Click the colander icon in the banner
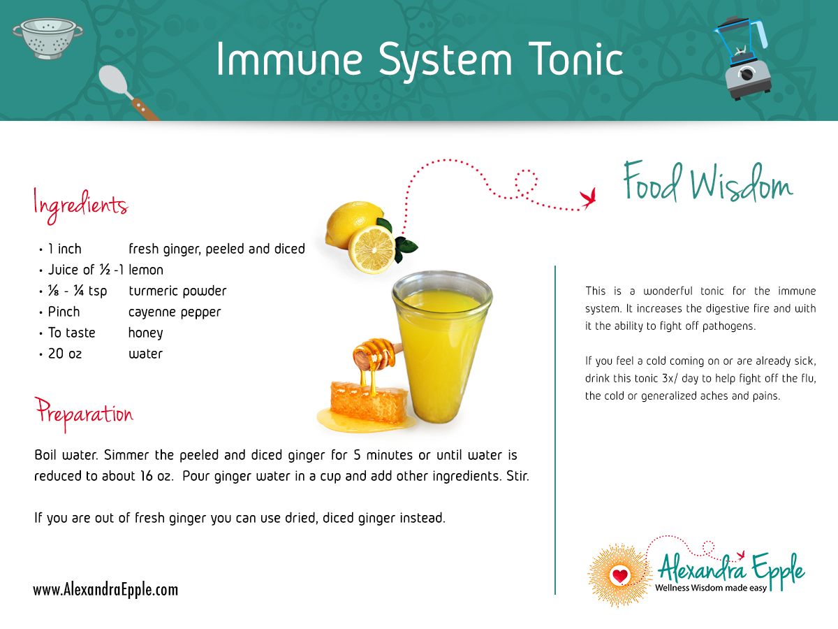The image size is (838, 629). click(47, 38)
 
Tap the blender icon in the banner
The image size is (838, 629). click(742, 58)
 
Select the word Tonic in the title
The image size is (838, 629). click(576, 59)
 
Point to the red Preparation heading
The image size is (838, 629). click(84, 414)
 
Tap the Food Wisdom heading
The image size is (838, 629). click(708, 182)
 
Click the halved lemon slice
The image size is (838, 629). click(372, 249)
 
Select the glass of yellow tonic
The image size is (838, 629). click(442, 347)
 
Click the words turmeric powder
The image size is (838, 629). click(177, 291)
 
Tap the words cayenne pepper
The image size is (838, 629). click(175, 312)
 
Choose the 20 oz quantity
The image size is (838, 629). click(65, 354)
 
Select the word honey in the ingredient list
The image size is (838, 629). click(145, 333)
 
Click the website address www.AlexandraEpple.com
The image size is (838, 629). click(105, 590)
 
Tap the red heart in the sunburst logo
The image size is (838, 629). click(620, 575)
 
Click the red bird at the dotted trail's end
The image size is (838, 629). click(588, 198)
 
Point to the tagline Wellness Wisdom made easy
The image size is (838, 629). click(711, 588)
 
